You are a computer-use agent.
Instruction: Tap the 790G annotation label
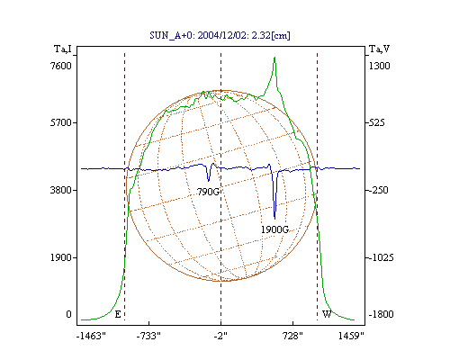tap(208, 192)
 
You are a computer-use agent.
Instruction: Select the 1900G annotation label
tap(274, 229)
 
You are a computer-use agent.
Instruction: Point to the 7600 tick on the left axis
tap(61, 66)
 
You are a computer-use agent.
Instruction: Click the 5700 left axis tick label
tap(61, 122)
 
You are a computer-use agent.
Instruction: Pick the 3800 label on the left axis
tap(61, 190)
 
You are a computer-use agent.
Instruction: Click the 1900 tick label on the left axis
tap(61, 257)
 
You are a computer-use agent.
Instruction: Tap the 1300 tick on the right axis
tap(379, 66)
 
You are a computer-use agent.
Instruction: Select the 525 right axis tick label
tap(377, 122)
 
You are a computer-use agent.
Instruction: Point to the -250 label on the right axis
tap(378, 190)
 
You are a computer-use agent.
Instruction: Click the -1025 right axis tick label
tap(381, 257)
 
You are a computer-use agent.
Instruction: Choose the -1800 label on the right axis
tap(381, 314)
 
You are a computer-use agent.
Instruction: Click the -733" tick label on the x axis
tap(148, 336)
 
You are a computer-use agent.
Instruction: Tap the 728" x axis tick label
tap(292, 336)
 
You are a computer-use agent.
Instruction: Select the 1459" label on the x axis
tap(351, 336)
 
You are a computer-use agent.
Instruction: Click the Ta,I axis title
tap(63, 49)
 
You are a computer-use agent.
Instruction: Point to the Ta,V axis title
tap(379, 49)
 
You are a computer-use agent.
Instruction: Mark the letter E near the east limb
tap(118, 314)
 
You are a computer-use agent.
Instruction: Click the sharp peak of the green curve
tap(274, 58)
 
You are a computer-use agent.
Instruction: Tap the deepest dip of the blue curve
tap(274, 219)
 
